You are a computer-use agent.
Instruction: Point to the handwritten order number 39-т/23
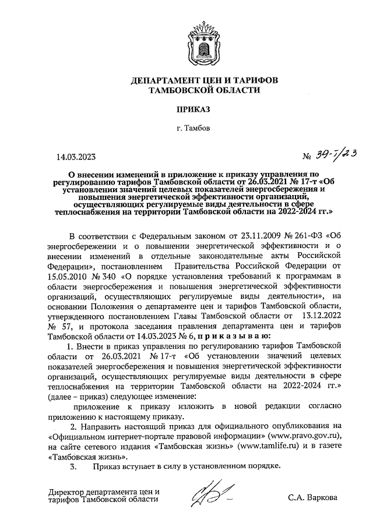pyautogui.click(x=338, y=154)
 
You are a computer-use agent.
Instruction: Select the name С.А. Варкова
pyautogui.click(x=312, y=498)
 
